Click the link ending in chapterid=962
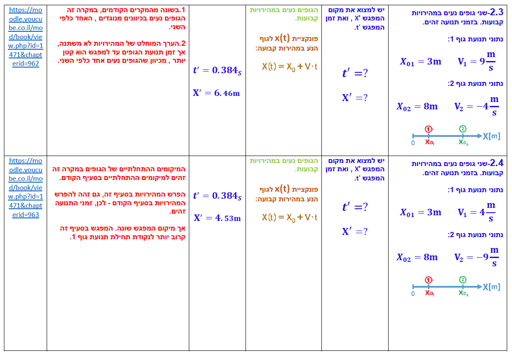pos(26,37)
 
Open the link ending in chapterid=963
pos(26,187)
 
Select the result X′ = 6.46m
pos(216,93)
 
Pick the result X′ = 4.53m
pos(217,218)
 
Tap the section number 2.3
pos(496,12)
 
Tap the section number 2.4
pos(496,163)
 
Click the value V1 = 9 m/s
pos(477,61)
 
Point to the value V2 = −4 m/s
pos(476,107)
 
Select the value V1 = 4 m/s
pos(477,212)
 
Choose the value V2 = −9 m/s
pos(476,257)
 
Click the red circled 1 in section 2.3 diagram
pos(429,129)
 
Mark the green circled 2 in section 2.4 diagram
pos(463,280)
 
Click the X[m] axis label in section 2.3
pos(492,136)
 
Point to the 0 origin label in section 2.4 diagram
pos(413,293)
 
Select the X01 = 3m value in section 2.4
pos(420,213)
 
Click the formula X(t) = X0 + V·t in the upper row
pos(290,67)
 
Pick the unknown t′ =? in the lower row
pos(355,207)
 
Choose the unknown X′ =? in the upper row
pos(355,98)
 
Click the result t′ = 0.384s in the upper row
pos(217,71)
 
